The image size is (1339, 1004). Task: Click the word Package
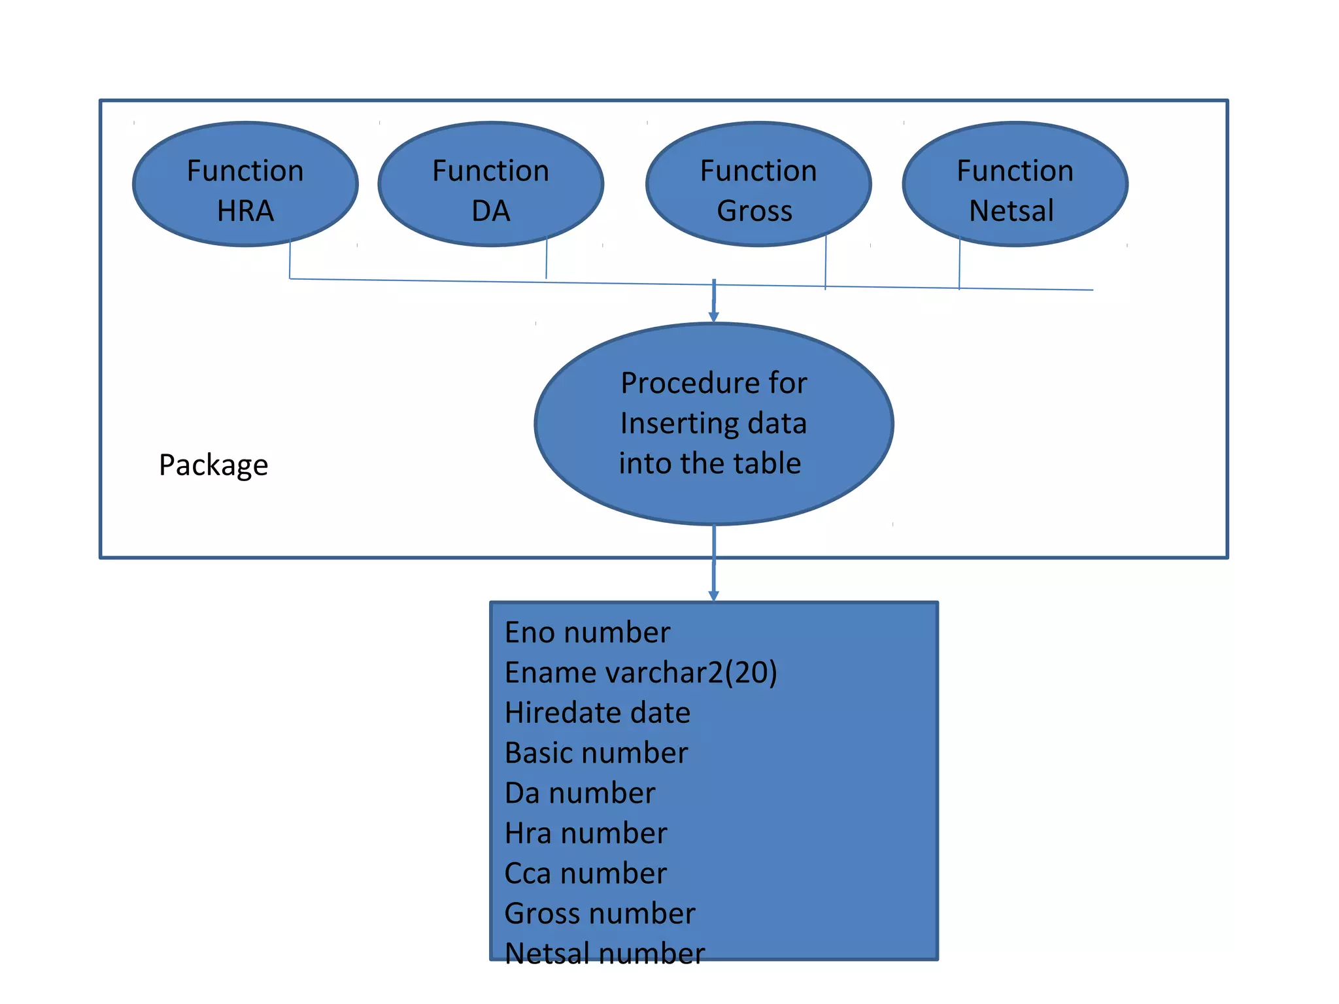[213, 465]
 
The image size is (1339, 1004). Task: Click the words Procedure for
[713, 383]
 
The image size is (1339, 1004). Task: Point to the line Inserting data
[713, 424]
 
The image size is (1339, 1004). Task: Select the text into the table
[710, 463]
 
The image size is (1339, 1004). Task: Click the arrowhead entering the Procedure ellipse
[713, 317]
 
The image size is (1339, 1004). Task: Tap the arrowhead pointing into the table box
[713, 595]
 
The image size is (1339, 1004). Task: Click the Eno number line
[587, 633]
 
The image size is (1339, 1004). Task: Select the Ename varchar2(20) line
[641, 673]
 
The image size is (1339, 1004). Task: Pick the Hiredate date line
[597, 712]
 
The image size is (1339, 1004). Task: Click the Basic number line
[596, 753]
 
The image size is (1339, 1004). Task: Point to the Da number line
[580, 793]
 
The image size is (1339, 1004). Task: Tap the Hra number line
[586, 833]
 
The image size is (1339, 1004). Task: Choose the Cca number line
[586, 873]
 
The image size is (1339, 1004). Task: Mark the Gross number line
[600, 914]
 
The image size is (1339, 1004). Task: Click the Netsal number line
[605, 953]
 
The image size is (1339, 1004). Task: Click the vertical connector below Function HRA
[290, 260]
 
